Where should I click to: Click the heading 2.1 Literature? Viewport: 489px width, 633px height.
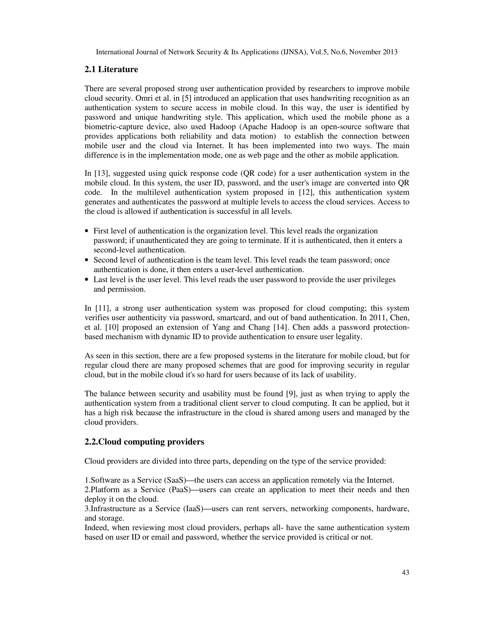point(111,70)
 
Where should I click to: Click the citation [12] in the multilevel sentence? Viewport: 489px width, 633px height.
point(300,193)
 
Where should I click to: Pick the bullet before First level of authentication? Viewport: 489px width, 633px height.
point(87,231)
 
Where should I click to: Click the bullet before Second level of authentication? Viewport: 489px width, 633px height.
point(87,261)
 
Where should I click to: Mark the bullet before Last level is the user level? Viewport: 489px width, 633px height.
point(87,280)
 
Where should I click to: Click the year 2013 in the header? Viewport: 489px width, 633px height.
point(390,52)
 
